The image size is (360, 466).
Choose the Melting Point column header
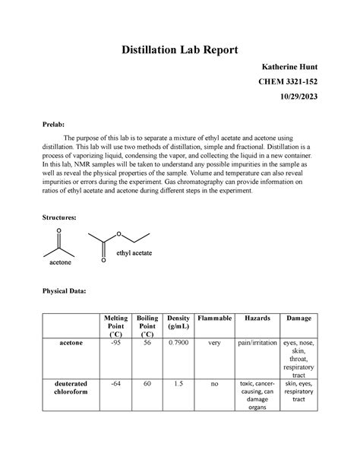point(111,325)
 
